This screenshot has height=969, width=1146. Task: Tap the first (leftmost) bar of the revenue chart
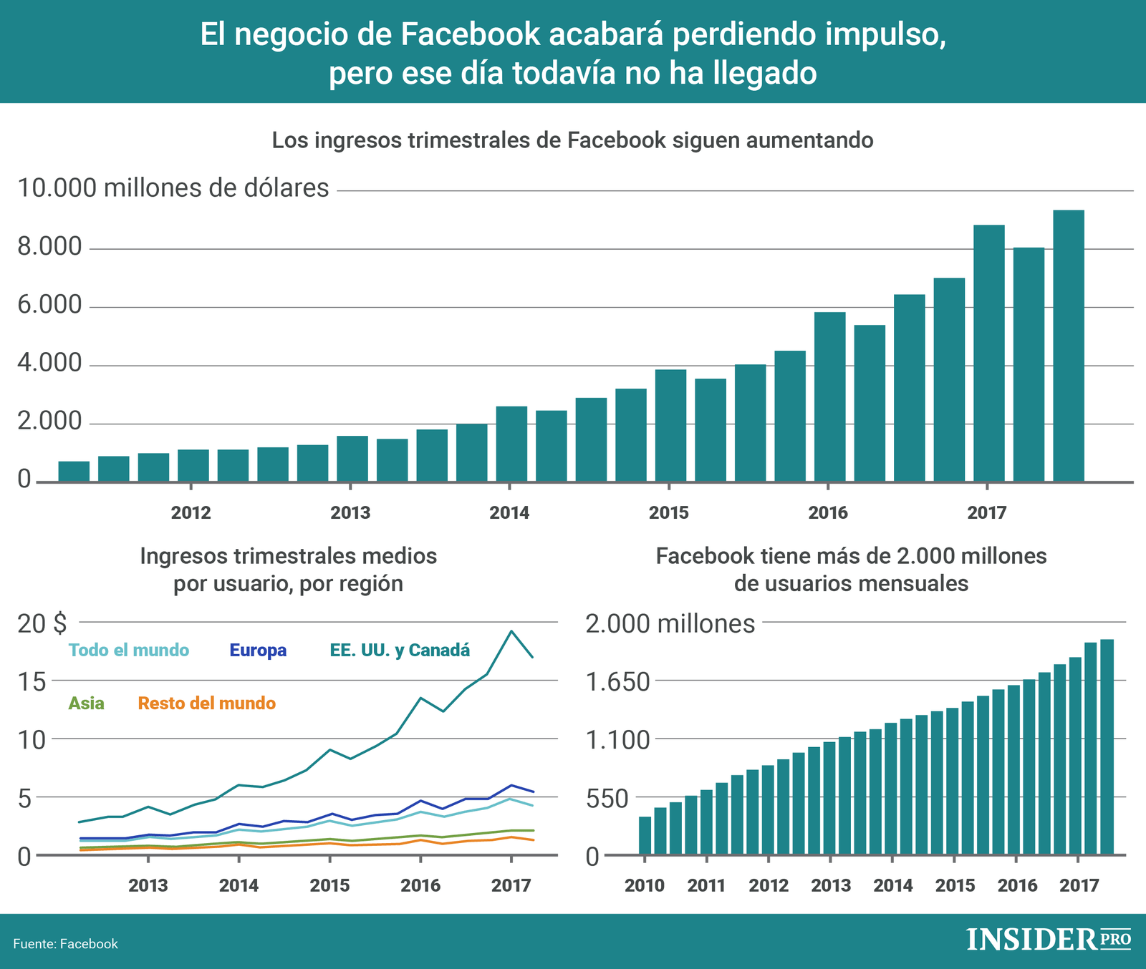(x=74, y=472)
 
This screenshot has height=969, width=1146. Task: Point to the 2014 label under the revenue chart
(x=509, y=513)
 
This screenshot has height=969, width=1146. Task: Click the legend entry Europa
(x=258, y=651)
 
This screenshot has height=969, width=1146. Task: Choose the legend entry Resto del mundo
(x=206, y=703)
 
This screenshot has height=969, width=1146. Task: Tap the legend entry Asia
(x=86, y=703)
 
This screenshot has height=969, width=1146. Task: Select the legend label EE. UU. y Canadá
(x=400, y=651)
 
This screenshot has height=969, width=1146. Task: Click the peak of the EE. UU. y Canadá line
(x=511, y=631)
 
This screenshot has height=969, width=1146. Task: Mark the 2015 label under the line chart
(x=329, y=886)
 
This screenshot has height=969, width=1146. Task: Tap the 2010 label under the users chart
(x=644, y=886)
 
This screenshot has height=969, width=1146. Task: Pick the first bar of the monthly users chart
(x=645, y=835)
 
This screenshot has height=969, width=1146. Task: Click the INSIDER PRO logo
(x=1048, y=939)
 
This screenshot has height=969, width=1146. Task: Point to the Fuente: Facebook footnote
(x=65, y=944)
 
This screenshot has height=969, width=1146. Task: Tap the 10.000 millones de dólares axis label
(x=173, y=188)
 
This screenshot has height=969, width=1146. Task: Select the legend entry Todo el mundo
(x=129, y=651)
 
